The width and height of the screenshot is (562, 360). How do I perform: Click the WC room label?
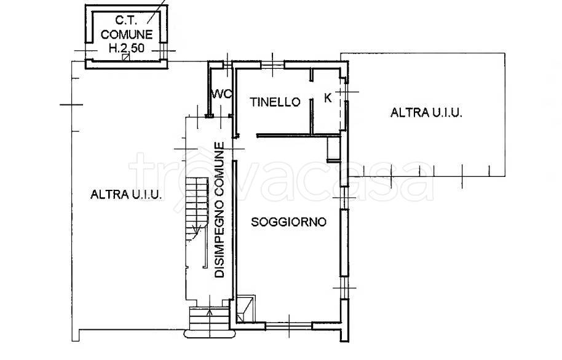click(x=221, y=95)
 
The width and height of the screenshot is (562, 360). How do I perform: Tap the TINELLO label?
click(x=275, y=102)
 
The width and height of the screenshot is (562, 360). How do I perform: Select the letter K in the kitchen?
click(x=328, y=98)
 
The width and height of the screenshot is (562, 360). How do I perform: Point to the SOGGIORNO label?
click(x=288, y=222)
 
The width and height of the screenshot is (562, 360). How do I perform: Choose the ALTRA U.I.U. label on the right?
click(x=426, y=112)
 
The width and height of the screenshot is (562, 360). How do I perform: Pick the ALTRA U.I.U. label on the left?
click(x=126, y=195)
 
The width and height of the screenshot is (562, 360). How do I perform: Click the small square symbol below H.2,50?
click(x=125, y=58)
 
